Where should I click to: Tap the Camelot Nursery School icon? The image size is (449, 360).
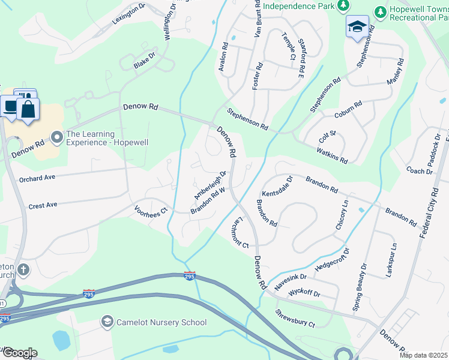tap(107, 322)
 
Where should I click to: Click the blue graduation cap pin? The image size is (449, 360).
tap(357, 27)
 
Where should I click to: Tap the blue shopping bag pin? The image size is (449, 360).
tap(28, 109)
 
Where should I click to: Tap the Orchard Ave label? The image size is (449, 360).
tap(37, 178)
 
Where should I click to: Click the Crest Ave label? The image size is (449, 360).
tap(43, 205)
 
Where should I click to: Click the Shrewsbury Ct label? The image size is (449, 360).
tap(295, 319)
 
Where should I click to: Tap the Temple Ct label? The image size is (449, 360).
tap(288, 47)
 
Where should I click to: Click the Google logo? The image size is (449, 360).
tap(19, 352)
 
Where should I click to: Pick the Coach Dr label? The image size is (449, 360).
tap(419, 171)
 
